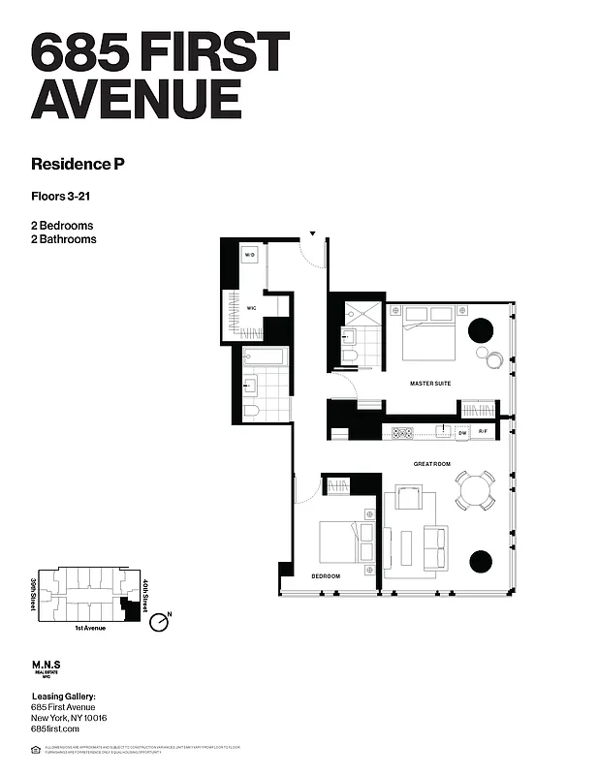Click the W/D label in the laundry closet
[x=249, y=255]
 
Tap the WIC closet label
[x=250, y=308]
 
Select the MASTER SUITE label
[x=429, y=384]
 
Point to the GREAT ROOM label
[x=432, y=464]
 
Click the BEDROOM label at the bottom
[x=326, y=576]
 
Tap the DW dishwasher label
[x=462, y=432]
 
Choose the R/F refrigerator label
[x=484, y=432]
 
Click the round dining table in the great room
[x=476, y=489]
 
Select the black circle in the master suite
[x=482, y=330]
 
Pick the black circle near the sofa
[x=481, y=561]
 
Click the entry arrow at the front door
[x=313, y=233]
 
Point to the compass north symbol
[x=161, y=621]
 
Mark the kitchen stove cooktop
[x=401, y=432]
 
